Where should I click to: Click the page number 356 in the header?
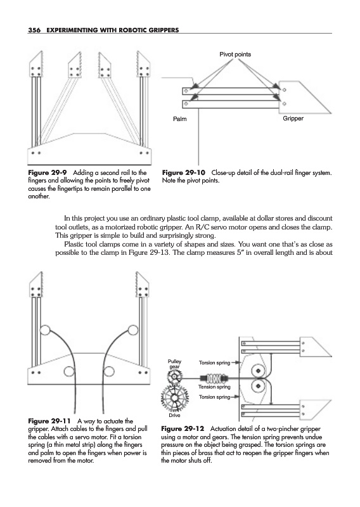pos(34,30)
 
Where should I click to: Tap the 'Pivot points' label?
pos(235,55)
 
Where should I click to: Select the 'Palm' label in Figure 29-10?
pos(180,119)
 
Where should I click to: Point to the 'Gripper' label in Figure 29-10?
pos(293,119)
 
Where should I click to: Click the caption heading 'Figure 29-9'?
pos(48,172)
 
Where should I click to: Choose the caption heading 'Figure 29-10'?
pos(183,172)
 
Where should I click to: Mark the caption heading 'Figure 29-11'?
pos(49,421)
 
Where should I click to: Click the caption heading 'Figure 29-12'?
pos(183,429)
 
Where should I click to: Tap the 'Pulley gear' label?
pos(175,364)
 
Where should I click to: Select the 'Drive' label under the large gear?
pos(174,415)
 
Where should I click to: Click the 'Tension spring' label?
pos(214,387)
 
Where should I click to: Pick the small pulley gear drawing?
pos(175,377)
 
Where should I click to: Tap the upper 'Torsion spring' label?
pos(214,363)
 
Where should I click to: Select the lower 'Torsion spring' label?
pos(214,397)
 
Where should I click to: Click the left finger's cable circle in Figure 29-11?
pos(44,330)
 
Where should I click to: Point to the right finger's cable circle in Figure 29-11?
pos(133,330)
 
